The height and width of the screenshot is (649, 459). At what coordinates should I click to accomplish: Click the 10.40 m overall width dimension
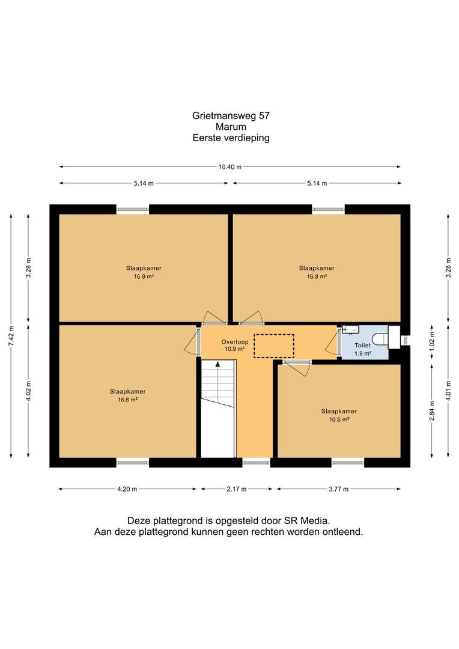229,167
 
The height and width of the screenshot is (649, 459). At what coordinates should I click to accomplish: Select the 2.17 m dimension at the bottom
236,489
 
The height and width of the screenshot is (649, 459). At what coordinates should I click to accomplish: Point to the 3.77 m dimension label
339,489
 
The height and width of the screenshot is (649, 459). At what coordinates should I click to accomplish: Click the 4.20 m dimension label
127,489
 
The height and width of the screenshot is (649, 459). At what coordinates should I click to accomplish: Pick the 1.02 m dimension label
432,341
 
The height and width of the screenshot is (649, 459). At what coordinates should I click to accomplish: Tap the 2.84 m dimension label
432,411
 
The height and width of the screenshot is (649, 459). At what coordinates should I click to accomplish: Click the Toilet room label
362,345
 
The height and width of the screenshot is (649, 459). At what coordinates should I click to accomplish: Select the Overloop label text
235,342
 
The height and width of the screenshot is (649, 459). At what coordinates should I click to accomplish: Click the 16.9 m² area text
144,276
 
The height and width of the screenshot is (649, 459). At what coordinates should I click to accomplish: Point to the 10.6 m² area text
339,419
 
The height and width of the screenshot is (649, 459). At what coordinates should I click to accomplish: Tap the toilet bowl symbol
380,340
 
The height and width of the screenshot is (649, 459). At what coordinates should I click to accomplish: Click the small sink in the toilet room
350,330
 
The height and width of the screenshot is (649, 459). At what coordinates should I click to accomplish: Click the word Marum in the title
231,127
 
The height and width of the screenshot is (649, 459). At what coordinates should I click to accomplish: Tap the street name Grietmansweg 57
231,116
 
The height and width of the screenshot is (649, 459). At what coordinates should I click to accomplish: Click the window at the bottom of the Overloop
256,462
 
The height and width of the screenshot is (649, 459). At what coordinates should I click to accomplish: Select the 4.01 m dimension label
449,391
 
